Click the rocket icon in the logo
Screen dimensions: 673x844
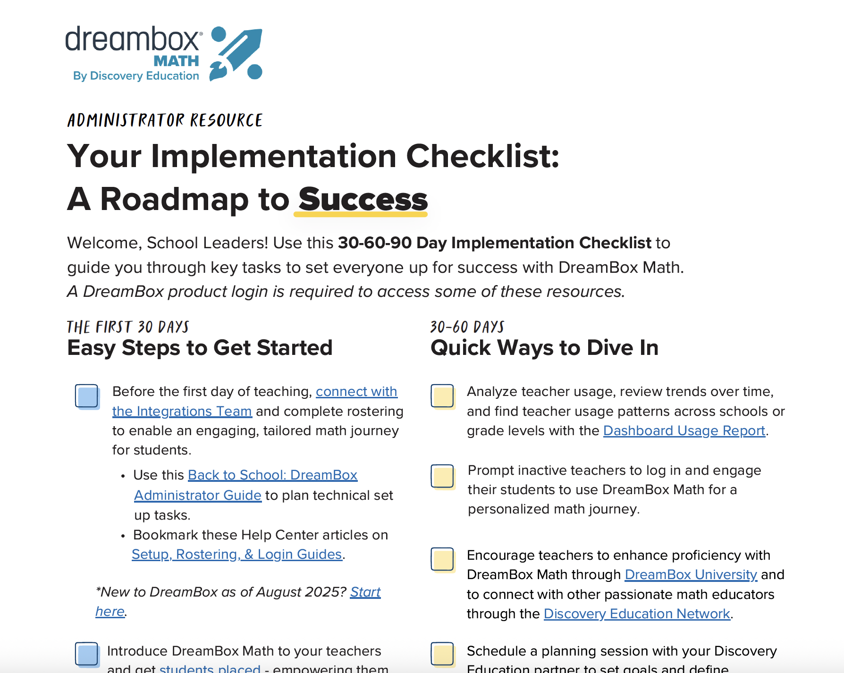(236, 53)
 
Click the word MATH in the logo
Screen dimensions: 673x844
(176, 61)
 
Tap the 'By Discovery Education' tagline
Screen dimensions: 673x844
(136, 76)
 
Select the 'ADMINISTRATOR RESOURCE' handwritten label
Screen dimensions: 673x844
(165, 120)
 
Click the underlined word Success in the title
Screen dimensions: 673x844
(363, 200)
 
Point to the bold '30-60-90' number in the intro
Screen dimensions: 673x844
(375, 243)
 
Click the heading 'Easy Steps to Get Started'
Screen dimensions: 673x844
(200, 348)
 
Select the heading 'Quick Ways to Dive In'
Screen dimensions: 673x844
(544, 348)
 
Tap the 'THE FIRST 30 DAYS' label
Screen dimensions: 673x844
(127, 327)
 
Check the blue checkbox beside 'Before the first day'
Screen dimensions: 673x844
(87, 396)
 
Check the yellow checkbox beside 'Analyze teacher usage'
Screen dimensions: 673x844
(442, 396)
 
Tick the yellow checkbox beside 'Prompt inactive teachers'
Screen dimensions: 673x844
(442, 476)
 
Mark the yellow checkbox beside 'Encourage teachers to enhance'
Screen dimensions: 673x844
(442, 559)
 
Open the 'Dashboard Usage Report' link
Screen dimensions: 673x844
(684, 431)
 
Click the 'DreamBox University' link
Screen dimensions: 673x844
(691, 575)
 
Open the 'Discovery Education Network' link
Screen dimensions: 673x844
(637, 614)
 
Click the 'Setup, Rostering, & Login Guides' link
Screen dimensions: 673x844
(236, 555)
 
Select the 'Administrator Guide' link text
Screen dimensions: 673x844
(198, 496)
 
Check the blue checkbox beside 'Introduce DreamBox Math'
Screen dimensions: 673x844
(87, 654)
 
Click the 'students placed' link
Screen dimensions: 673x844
(210, 668)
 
